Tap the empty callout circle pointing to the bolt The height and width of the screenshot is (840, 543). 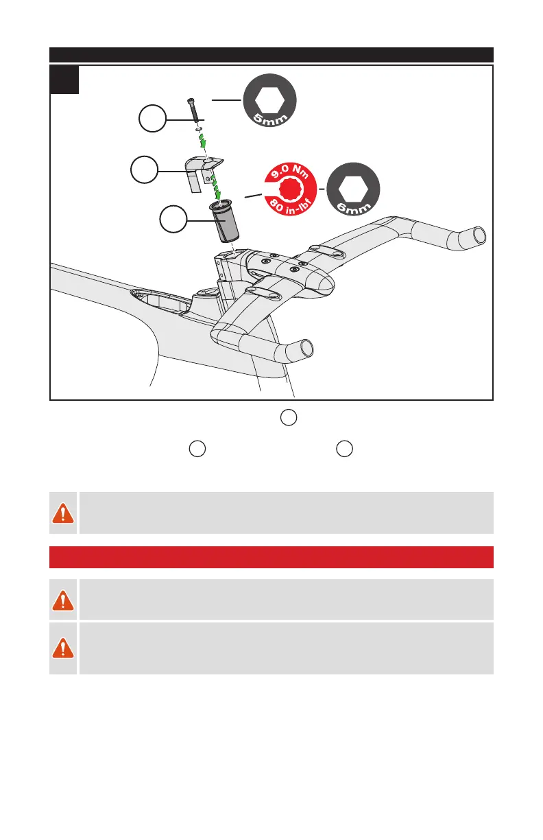152,119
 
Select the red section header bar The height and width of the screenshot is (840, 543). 271,557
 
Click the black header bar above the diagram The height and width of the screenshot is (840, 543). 271,54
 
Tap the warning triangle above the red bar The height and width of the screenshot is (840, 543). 63,513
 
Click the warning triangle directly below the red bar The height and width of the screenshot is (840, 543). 63,600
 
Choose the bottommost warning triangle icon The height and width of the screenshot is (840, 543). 63,648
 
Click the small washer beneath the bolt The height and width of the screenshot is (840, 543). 197,127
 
